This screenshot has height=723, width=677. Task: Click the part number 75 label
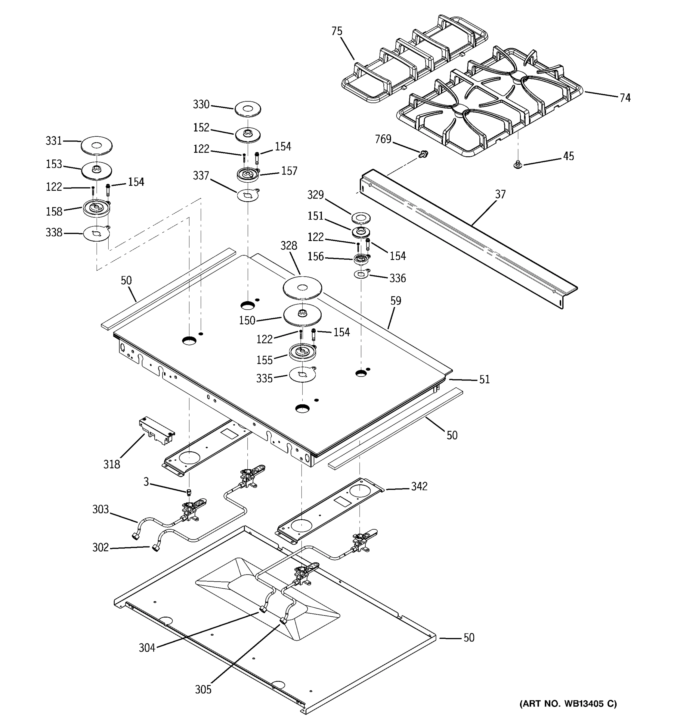click(x=337, y=31)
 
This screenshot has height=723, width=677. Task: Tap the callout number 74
click(x=625, y=98)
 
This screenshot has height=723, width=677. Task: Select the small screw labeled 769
click(x=422, y=154)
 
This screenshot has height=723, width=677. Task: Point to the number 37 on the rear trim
click(x=500, y=195)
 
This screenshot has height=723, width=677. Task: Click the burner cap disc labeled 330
click(x=248, y=109)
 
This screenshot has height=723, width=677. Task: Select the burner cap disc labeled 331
click(x=97, y=146)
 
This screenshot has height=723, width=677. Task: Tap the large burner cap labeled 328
click(x=302, y=288)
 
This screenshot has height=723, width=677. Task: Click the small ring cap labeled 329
click(x=361, y=218)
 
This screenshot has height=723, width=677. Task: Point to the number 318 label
click(x=112, y=465)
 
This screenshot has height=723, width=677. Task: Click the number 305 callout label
click(x=203, y=690)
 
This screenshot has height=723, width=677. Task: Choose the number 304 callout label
click(x=147, y=648)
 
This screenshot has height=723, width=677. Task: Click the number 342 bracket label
click(x=419, y=486)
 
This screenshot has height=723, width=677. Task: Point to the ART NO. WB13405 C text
click(x=568, y=704)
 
